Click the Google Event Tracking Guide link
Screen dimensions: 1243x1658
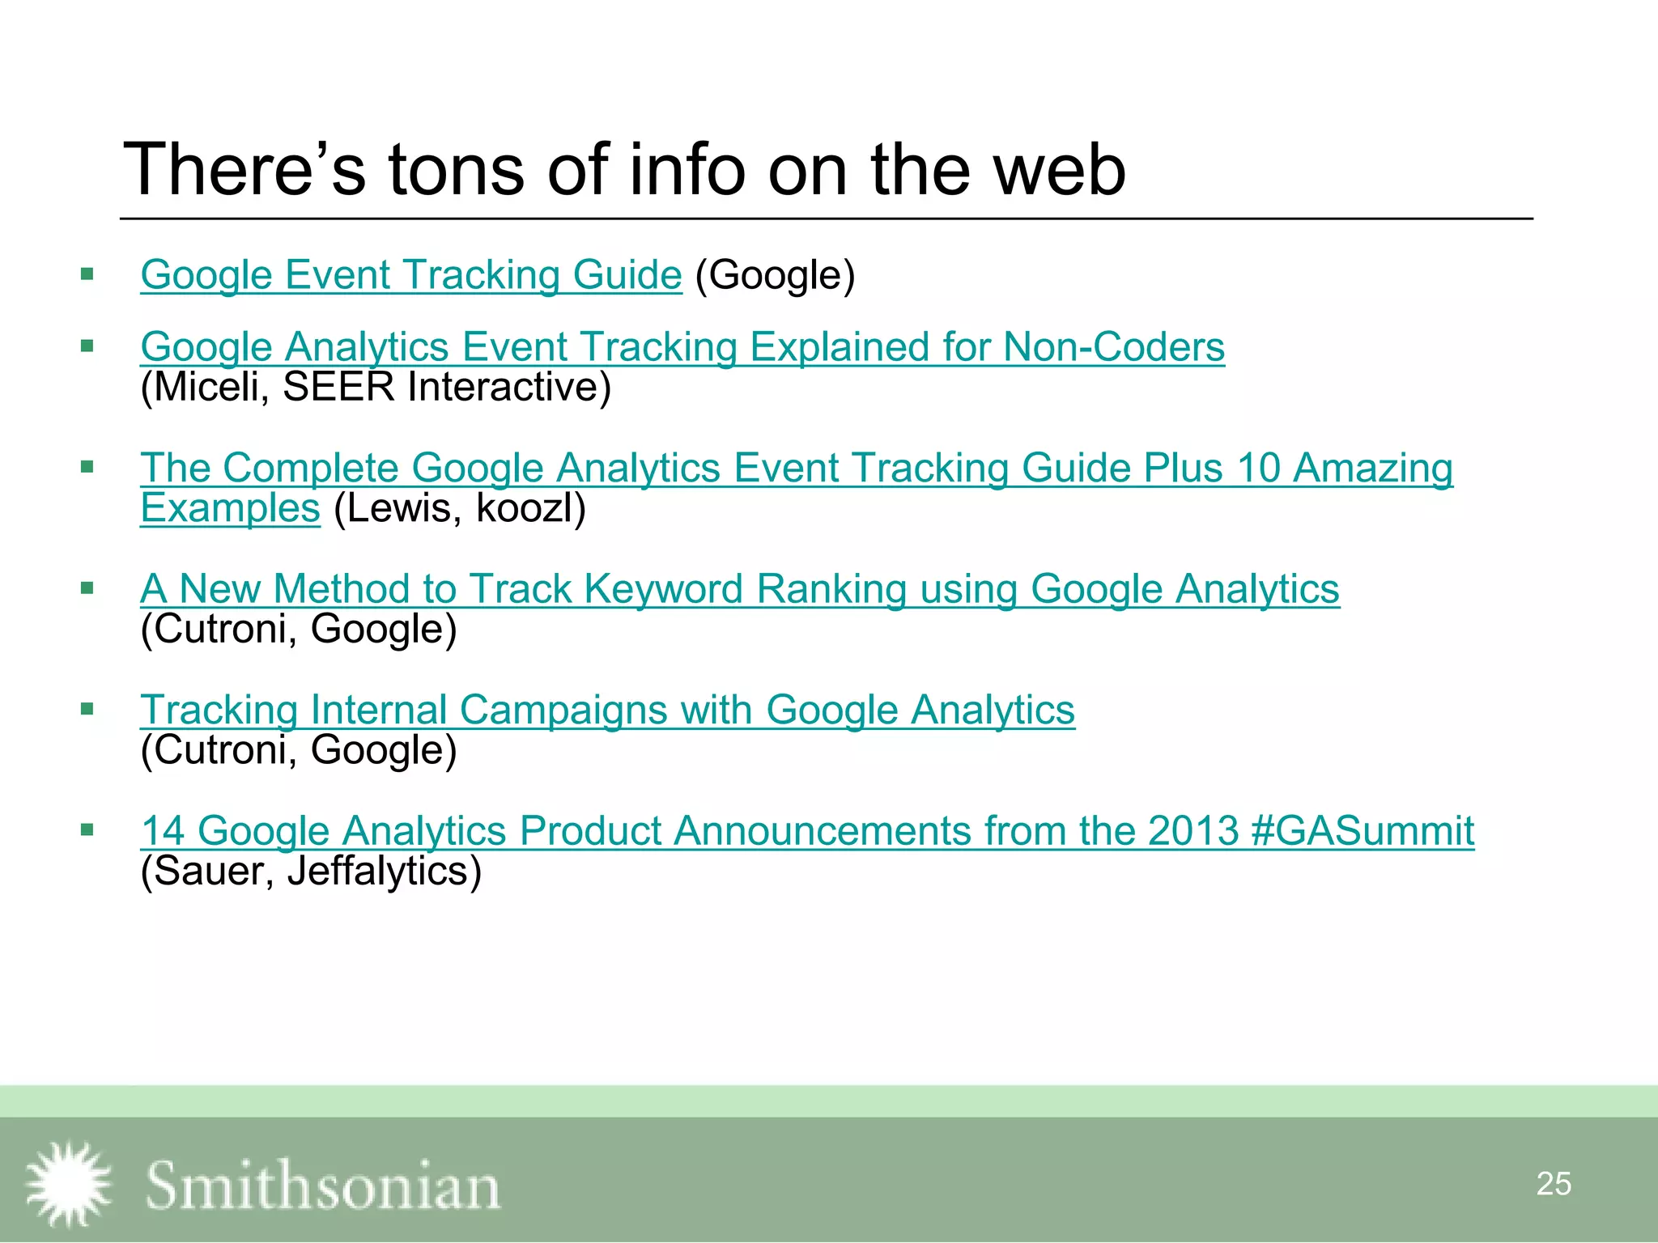[x=411, y=275]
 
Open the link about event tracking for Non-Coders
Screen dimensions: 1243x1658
[x=682, y=347]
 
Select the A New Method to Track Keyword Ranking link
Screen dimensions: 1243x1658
[x=739, y=589]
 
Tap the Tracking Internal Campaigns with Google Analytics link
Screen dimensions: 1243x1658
[x=607, y=711]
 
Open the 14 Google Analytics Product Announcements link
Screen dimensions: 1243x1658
[x=806, y=831]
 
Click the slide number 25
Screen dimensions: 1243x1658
[x=1553, y=1184]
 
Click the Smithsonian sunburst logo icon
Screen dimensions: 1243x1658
[x=69, y=1184]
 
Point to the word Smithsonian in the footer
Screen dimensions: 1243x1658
[x=322, y=1186]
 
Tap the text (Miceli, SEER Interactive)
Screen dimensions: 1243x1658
[x=376, y=387]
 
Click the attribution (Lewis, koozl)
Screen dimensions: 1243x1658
[x=459, y=508]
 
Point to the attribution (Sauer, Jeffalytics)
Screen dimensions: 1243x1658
[x=311, y=872]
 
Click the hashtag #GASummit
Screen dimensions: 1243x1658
[x=1362, y=831]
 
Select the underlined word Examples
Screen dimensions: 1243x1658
[x=231, y=508]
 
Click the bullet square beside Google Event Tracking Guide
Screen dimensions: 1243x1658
[x=87, y=274]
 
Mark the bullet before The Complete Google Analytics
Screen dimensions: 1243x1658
[x=87, y=467]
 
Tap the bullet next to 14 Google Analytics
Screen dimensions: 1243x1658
[x=87, y=829]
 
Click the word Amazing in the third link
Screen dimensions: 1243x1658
[x=1372, y=468]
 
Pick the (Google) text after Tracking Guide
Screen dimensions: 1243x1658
[x=775, y=275]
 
